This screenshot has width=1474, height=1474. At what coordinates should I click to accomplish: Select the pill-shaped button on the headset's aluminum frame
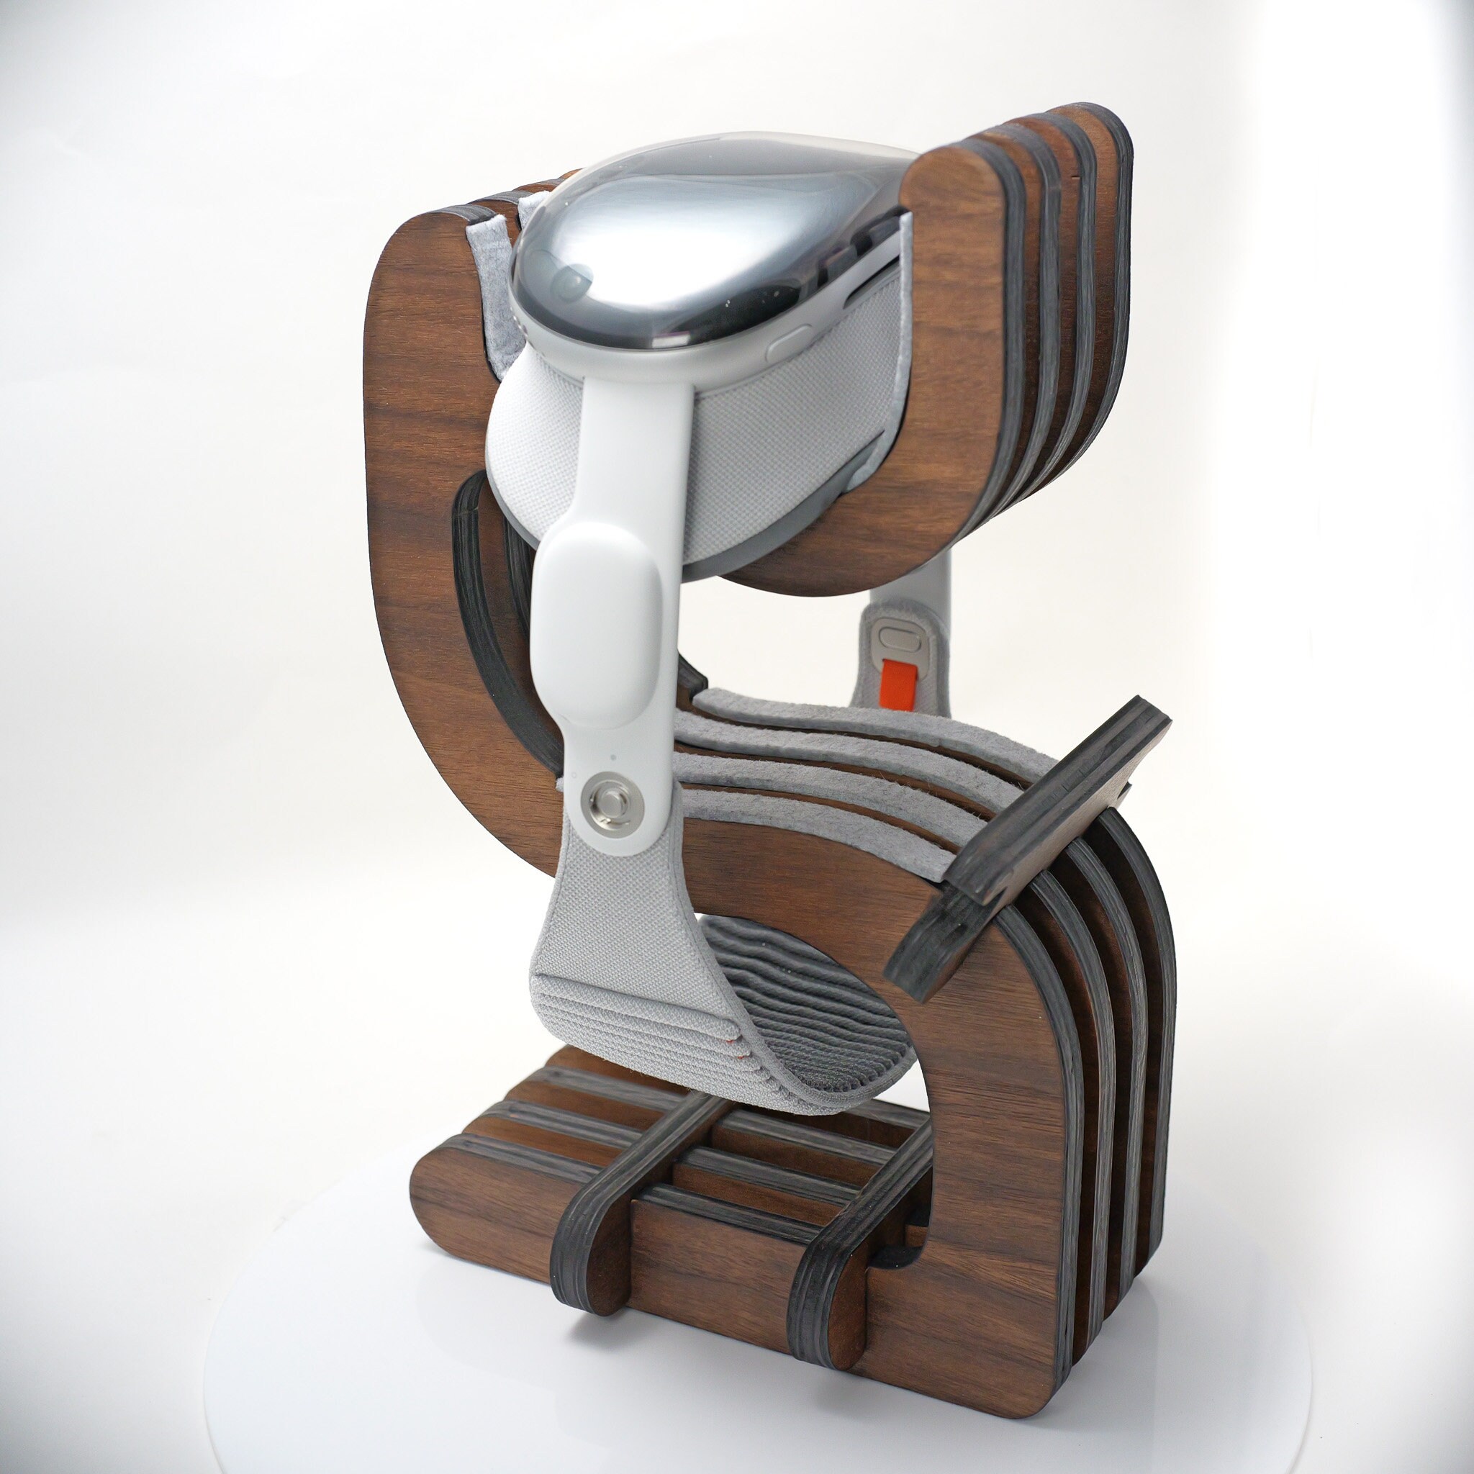789,344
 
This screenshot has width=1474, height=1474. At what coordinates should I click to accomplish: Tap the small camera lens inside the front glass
570,284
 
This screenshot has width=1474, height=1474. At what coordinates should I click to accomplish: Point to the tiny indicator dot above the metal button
612,758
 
